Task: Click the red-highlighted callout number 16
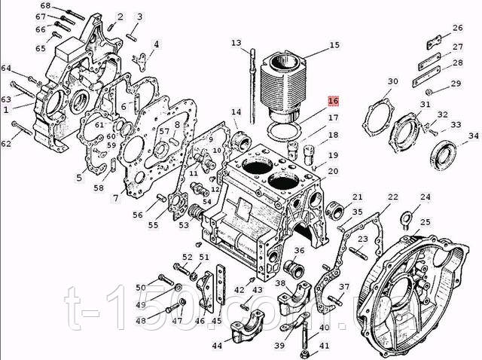coord(333,101)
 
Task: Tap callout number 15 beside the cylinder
coord(334,44)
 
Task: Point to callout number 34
coord(473,136)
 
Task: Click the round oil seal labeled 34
coord(444,154)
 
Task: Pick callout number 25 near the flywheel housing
coord(426,222)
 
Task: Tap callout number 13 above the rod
coord(236,42)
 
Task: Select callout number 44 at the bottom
coord(217,346)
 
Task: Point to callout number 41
coord(325,346)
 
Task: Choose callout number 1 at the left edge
coord(5,109)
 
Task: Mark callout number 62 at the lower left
coord(6,143)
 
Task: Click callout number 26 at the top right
coord(457,28)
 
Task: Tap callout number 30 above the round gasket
coord(392,81)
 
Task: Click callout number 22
coord(393,197)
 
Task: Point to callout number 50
coord(140,288)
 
